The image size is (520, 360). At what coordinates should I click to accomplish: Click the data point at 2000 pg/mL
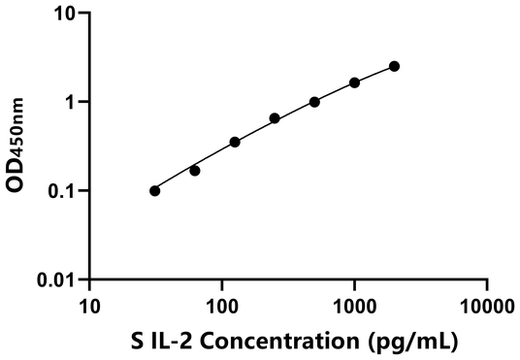point(394,66)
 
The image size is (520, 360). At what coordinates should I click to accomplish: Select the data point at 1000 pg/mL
point(354,82)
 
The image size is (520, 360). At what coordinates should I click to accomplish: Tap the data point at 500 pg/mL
point(314,102)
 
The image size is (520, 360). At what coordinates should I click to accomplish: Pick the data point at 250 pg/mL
point(275,118)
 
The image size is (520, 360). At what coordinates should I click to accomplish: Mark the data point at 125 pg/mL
point(235,142)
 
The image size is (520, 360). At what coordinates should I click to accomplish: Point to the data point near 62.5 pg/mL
point(195,171)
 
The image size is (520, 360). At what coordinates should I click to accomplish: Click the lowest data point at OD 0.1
point(155,191)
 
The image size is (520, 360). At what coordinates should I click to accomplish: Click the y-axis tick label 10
point(65,15)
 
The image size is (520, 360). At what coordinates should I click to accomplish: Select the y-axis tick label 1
point(71,103)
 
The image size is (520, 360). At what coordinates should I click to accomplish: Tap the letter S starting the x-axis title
point(137,341)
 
